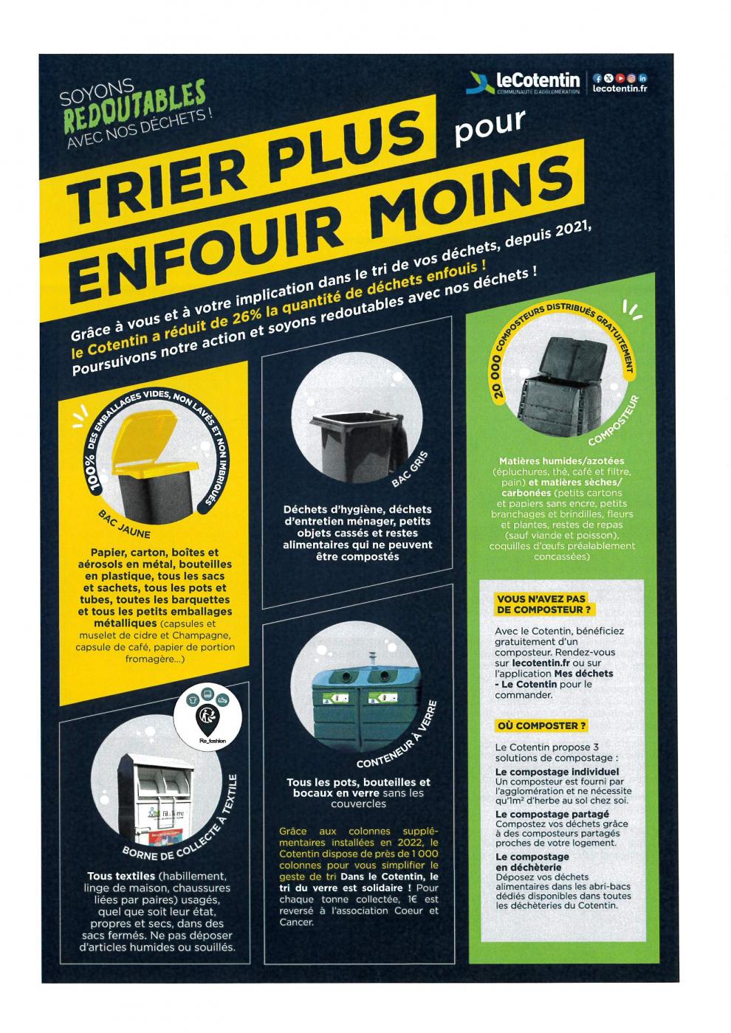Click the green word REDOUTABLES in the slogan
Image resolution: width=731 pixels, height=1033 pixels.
134,106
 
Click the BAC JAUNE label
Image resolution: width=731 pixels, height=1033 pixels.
125,524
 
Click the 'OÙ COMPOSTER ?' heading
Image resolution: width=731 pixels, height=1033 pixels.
540,726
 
